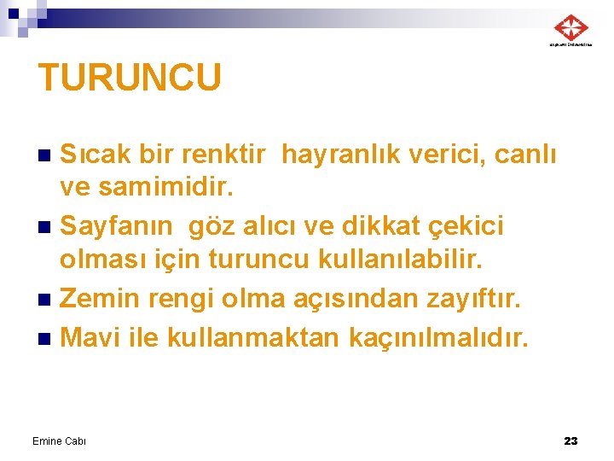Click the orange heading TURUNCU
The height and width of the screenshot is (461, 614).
click(130, 78)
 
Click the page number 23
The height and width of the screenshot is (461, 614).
click(571, 441)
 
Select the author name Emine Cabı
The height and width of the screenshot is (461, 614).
click(59, 441)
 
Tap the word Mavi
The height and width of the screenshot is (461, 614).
click(90, 337)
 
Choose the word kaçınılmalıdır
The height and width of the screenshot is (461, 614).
click(438, 337)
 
